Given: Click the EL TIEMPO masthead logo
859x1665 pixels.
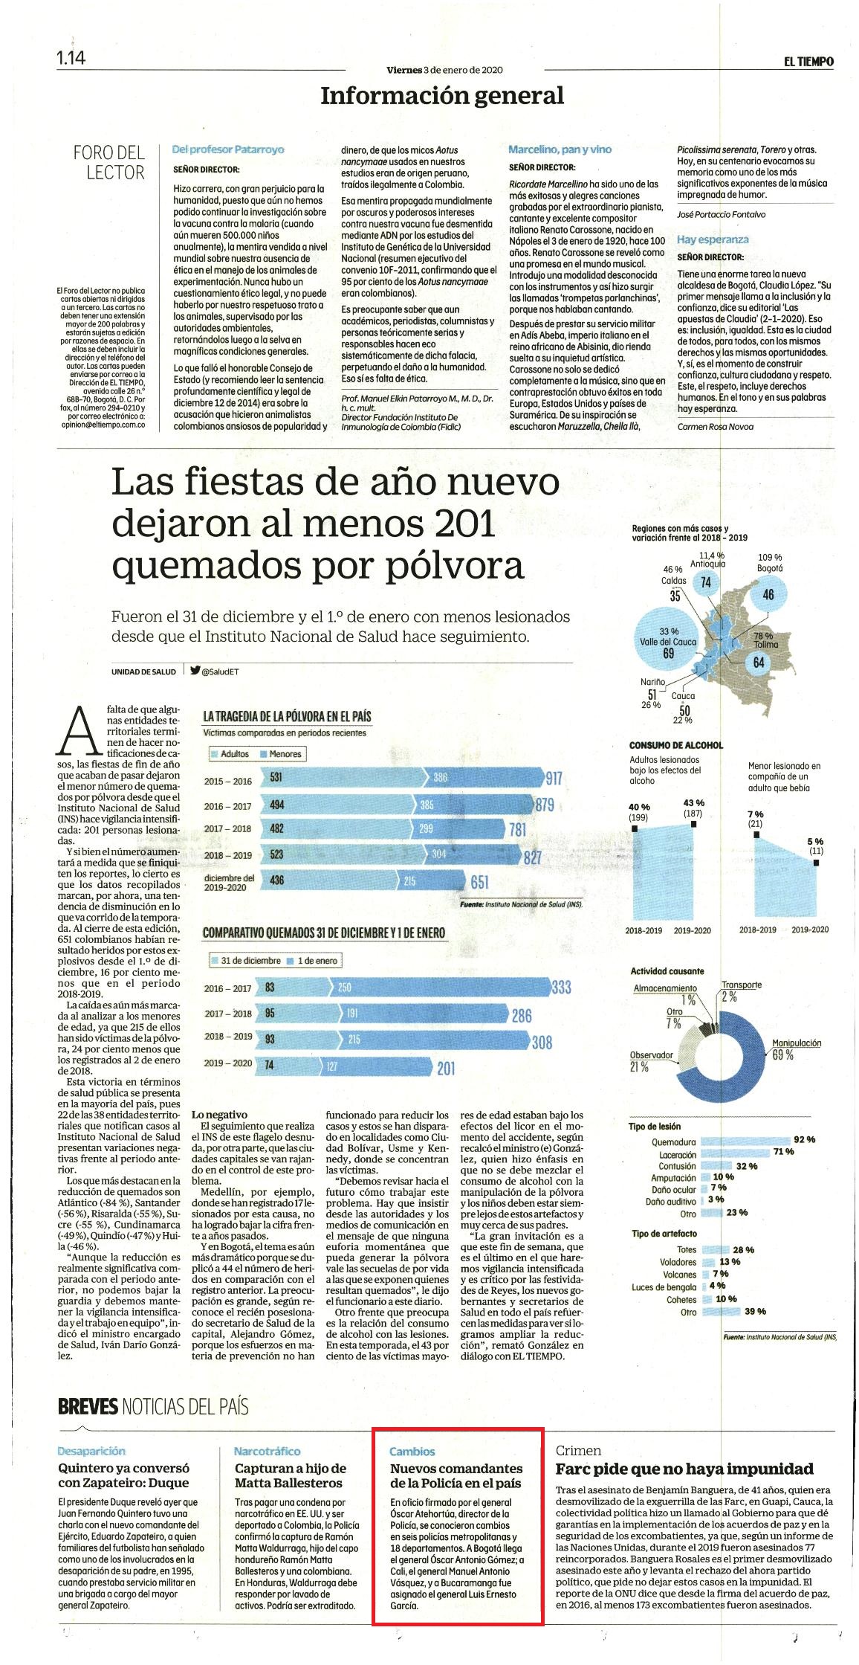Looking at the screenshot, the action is (808, 62).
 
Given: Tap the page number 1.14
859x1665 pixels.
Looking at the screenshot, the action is (71, 58).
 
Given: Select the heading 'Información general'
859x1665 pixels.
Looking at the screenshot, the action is (442, 95).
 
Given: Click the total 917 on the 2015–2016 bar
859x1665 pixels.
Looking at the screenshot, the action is (554, 779).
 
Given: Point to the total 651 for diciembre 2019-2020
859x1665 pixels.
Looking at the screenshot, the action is (479, 881).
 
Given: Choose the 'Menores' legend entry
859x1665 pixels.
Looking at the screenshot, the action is (280, 754).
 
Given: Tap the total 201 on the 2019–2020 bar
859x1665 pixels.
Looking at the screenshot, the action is (446, 1069).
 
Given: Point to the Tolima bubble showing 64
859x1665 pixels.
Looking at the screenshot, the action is (759, 662).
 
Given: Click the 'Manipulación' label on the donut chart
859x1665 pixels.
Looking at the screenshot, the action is (796, 1043).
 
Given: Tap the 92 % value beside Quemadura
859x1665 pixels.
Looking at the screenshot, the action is (804, 1139).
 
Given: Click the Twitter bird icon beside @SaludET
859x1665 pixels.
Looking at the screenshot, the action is (195, 670).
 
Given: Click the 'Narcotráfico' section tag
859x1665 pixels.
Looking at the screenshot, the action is (267, 1451).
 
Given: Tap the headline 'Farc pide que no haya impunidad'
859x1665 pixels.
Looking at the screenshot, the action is (684, 1469).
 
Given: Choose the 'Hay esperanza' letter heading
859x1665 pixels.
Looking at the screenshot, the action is (713, 239).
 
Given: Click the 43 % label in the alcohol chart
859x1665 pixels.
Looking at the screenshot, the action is (693, 803).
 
